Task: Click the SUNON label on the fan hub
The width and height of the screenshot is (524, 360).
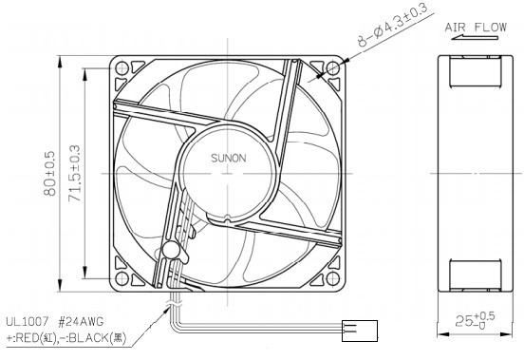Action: (x=226, y=162)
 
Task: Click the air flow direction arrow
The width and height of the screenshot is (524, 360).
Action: (x=473, y=42)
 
